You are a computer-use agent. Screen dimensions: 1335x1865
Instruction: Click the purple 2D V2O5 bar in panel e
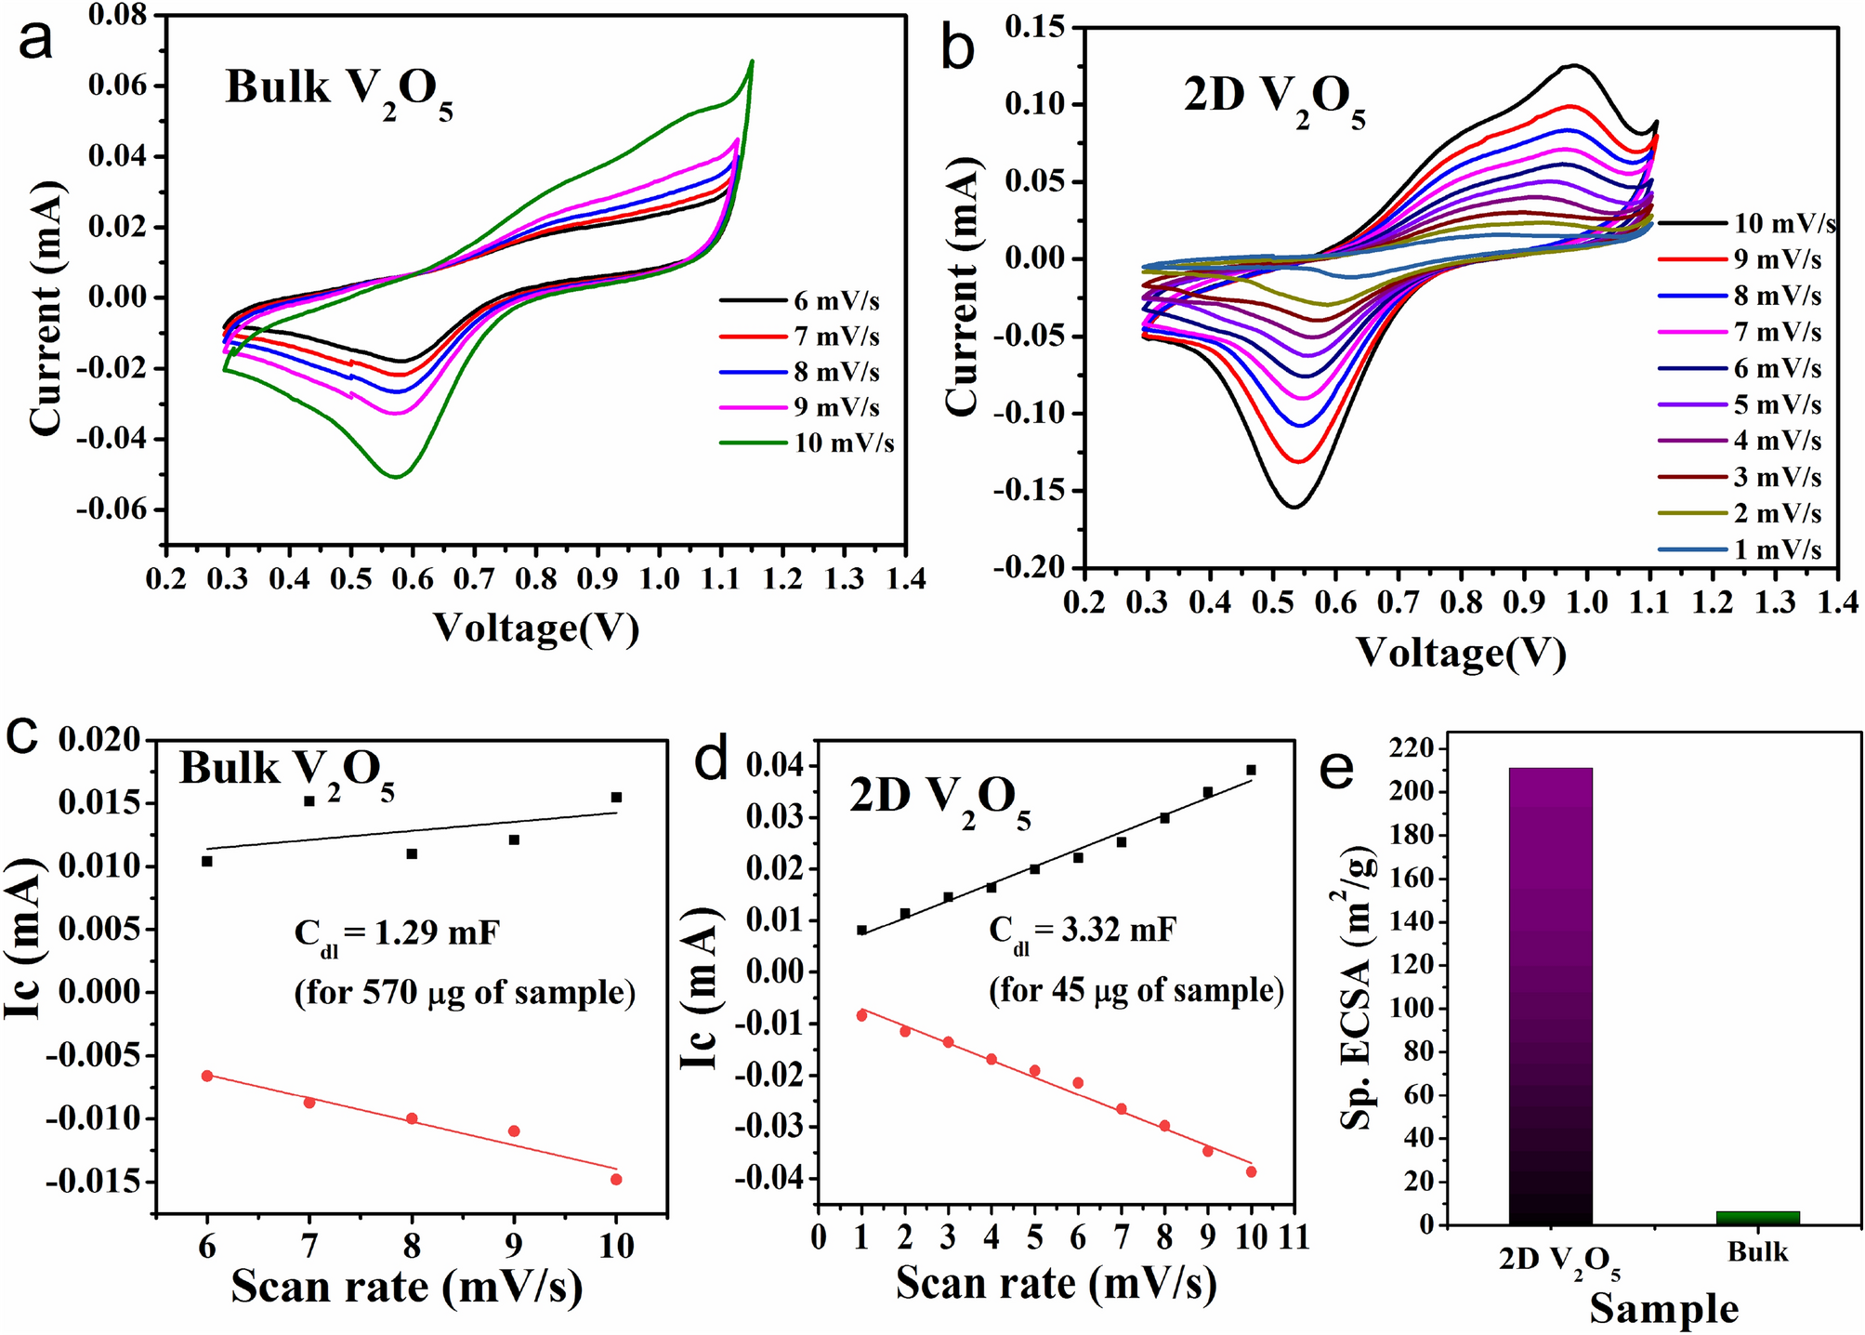[x=1550, y=995]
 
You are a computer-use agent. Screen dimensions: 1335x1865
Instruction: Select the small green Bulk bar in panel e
[x=1757, y=1217]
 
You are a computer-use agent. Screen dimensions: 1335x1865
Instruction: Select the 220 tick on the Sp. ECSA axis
[x=1412, y=748]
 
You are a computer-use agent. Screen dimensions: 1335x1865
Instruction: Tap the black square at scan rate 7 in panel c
[x=309, y=800]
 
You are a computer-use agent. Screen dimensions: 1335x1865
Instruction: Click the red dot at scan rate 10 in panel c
[x=616, y=1179]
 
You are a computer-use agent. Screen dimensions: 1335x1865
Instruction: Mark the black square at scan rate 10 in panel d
[x=1251, y=770]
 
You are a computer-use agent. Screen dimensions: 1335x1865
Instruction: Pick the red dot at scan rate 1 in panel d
[x=861, y=1015]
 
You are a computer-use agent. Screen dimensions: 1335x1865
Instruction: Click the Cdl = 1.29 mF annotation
[x=397, y=932]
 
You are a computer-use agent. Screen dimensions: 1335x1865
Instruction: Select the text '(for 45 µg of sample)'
[x=1136, y=990]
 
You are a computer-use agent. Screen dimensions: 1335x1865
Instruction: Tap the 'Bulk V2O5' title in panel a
[x=338, y=91]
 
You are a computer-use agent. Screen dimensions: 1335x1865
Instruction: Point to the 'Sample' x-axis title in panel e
[x=1663, y=1309]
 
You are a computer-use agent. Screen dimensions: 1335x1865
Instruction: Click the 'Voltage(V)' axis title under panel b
[x=1461, y=653]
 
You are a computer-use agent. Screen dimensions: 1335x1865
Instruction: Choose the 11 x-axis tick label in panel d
[x=1294, y=1237]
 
